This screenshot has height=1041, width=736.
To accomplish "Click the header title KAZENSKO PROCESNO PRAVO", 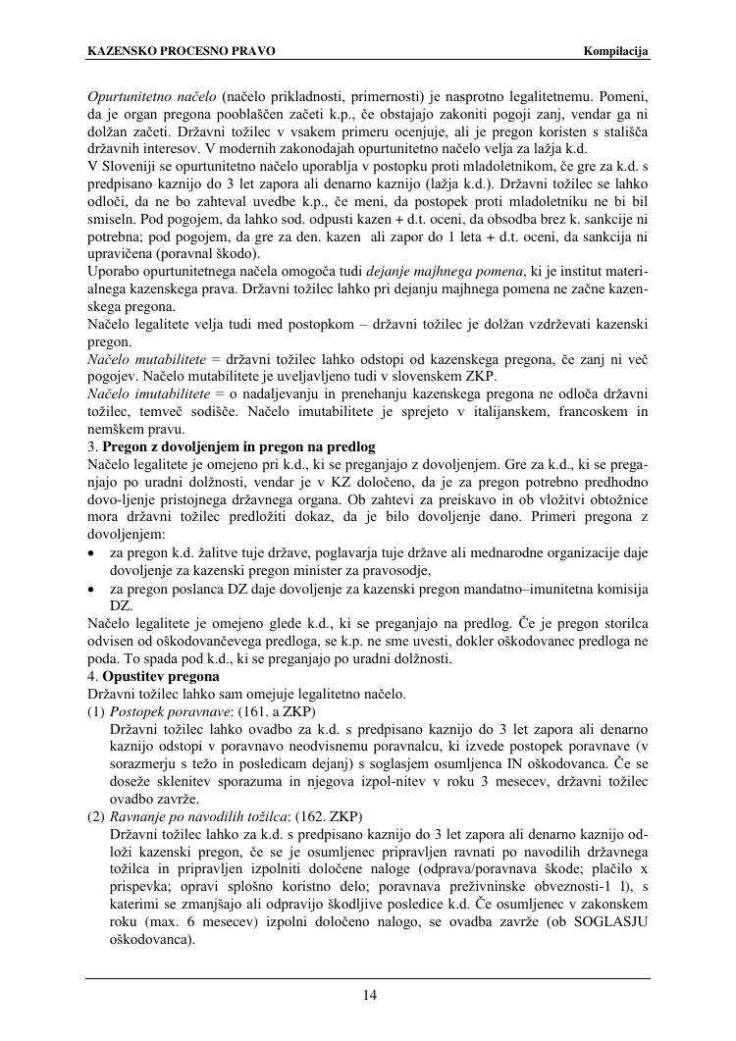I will [182, 51].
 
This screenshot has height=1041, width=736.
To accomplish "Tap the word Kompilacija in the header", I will [616, 51].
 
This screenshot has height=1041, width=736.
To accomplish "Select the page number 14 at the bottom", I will [369, 996].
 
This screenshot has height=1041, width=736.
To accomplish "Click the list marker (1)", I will [96, 711].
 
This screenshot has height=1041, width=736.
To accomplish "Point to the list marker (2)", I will [96, 815].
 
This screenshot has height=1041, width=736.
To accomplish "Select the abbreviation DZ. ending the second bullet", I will [121, 606].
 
